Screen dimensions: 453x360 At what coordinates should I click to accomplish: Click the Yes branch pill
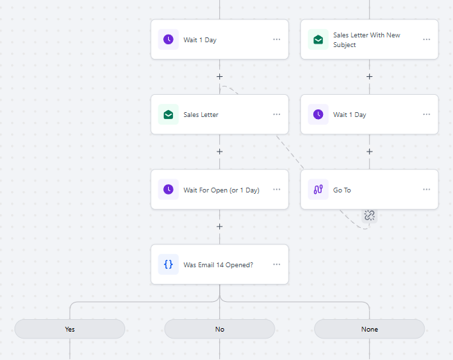pyautogui.click(x=70, y=329)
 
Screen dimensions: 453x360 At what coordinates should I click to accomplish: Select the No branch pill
pyautogui.click(x=219, y=329)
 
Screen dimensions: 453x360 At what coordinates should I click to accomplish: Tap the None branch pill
pyautogui.click(x=369, y=329)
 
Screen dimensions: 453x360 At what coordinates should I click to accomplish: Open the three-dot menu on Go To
pyautogui.click(x=427, y=190)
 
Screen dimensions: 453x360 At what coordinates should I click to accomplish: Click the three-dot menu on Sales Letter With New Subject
pyautogui.click(x=427, y=39)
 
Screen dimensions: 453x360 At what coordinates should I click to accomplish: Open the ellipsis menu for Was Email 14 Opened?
pyautogui.click(x=277, y=264)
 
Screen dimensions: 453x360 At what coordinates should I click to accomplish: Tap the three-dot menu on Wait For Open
pyautogui.click(x=277, y=190)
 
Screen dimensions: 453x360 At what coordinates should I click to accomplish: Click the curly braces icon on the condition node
pyautogui.click(x=169, y=264)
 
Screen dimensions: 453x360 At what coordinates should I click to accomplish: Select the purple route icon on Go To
pyautogui.click(x=318, y=190)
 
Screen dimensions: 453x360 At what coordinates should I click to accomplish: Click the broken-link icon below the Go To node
pyautogui.click(x=369, y=215)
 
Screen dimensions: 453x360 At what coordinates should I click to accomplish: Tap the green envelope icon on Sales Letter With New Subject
pyautogui.click(x=318, y=39)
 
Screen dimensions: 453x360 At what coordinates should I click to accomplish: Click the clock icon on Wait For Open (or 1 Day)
pyautogui.click(x=169, y=190)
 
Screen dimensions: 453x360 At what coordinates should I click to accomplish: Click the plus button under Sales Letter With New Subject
pyautogui.click(x=369, y=77)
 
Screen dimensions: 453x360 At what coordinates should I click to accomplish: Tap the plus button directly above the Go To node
pyautogui.click(x=369, y=152)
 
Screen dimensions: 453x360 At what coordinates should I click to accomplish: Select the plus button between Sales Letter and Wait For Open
pyautogui.click(x=219, y=152)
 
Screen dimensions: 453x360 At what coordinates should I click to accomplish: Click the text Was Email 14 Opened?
pyautogui.click(x=219, y=265)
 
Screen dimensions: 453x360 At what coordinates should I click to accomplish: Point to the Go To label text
pyautogui.click(x=342, y=190)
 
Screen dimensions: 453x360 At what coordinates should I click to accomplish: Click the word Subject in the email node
pyautogui.click(x=344, y=45)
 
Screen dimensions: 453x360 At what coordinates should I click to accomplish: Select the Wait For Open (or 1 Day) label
pyautogui.click(x=221, y=190)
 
